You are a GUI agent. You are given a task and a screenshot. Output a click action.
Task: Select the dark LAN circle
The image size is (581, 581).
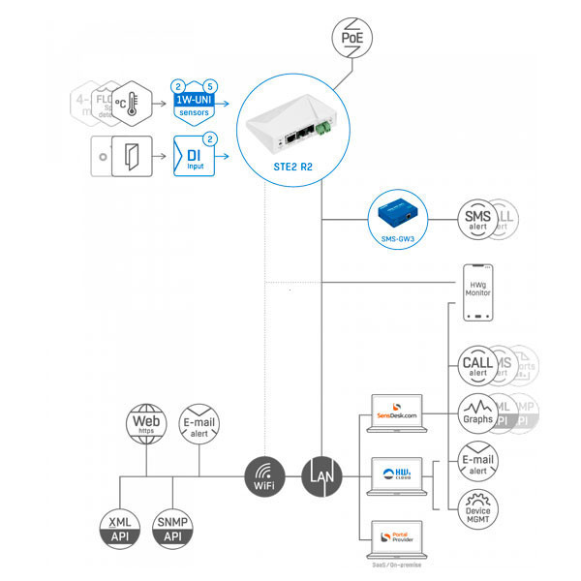coord(321,475)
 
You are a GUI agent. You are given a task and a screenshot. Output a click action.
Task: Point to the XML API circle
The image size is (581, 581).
coord(119,529)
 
